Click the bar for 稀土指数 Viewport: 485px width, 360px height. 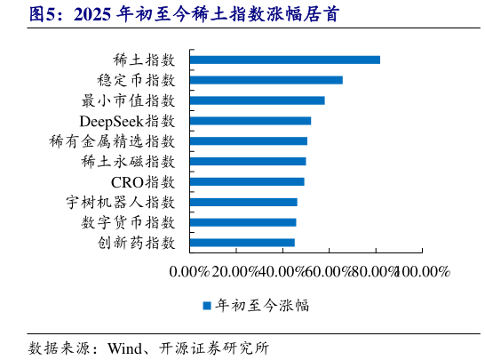click(x=285, y=60)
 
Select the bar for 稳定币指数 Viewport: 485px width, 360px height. click(x=266, y=80)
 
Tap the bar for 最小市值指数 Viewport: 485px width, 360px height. click(x=258, y=100)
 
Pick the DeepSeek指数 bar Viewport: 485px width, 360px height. click(x=250, y=121)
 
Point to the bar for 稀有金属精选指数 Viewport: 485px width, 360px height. click(x=249, y=140)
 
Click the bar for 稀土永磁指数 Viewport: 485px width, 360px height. click(x=248, y=161)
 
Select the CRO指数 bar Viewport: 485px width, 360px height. click(x=247, y=181)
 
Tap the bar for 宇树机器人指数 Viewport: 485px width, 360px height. click(x=243, y=202)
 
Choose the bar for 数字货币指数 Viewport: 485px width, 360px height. click(x=243, y=221)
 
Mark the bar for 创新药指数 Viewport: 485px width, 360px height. click(x=242, y=242)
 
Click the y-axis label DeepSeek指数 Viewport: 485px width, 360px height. click(x=127, y=121)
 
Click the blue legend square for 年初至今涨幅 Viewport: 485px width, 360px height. click(x=206, y=306)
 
